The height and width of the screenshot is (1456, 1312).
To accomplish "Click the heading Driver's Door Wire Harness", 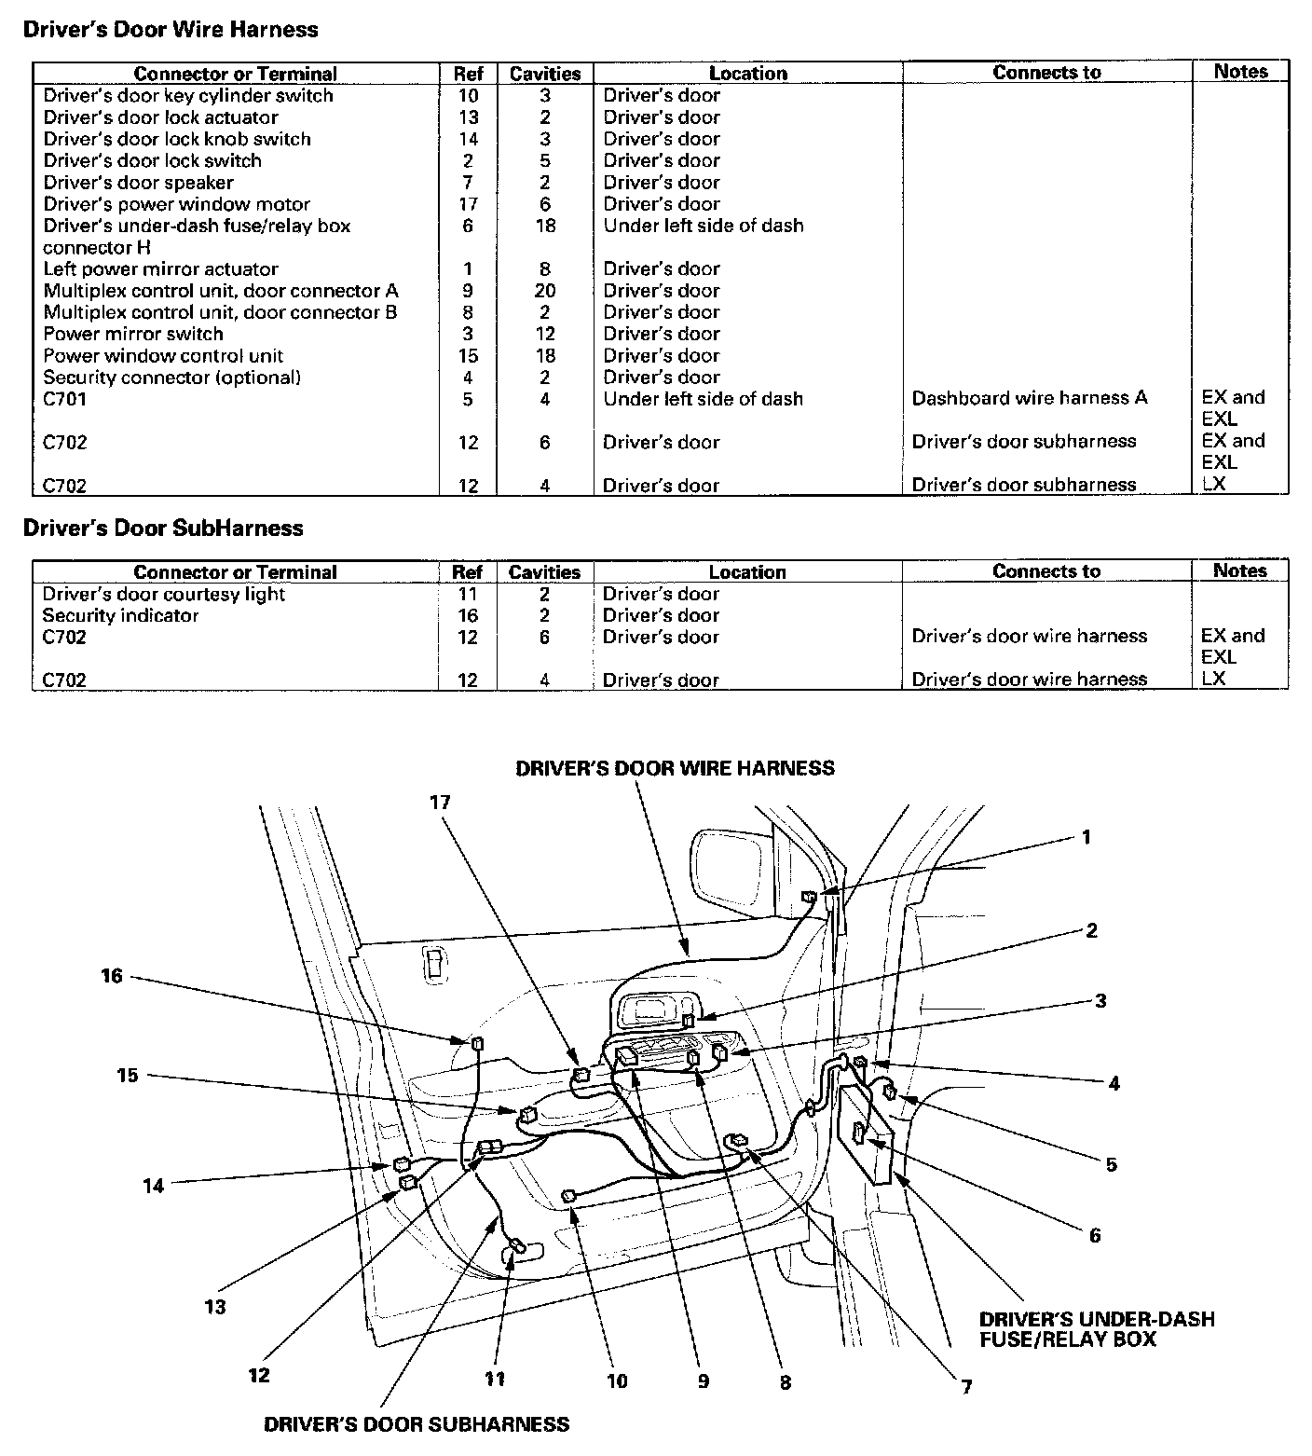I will pyautogui.click(x=170, y=30).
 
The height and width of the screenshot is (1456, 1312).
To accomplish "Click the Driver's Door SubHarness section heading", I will pyautogui.click(x=162, y=529).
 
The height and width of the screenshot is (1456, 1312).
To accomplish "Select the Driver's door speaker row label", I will pyautogui.click(x=138, y=183).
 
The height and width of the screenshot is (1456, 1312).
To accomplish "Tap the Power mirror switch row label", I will pyautogui.click(x=133, y=334).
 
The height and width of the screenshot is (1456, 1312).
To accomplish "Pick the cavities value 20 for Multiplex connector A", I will pyautogui.click(x=545, y=291).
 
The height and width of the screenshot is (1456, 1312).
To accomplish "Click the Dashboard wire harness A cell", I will pyautogui.click(x=1029, y=399).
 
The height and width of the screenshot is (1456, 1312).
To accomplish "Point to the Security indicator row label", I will pyautogui.click(x=120, y=616).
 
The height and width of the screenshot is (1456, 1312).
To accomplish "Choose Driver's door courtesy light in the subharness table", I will pyautogui.click(x=163, y=595).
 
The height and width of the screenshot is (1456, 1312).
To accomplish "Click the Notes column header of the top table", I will pyautogui.click(x=1240, y=72).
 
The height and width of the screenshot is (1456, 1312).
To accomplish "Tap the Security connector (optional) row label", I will pyautogui.click(x=171, y=378).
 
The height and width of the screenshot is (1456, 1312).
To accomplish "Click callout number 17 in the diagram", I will pyautogui.click(x=440, y=802).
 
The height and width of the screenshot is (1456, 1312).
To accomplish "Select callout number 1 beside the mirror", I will pyautogui.click(x=1086, y=837).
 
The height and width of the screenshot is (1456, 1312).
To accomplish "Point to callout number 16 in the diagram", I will pyautogui.click(x=112, y=977).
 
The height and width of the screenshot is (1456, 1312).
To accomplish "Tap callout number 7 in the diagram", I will pyautogui.click(x=966, y=1387).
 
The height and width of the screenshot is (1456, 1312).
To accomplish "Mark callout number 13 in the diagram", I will pyautogui.click(x=215, y=1307).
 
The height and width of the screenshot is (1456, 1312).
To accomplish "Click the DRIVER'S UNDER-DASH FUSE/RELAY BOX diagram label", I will pyautogui.click(x=1096, y=1329).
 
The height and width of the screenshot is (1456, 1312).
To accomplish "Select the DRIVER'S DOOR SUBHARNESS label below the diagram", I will pyautogui.click(x=417, y=1424).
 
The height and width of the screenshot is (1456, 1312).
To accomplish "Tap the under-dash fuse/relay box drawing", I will pyautogui.click(x=871, y=1133).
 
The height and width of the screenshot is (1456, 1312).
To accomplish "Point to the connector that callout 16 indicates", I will pyautogui.click(x=479, y=1043).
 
